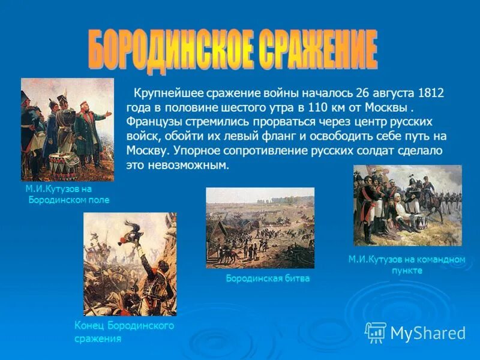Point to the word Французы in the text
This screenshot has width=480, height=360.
pyautogui.click(x=150, y=122)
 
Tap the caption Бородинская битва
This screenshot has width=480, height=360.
pyautogui.click(x=268, y=278)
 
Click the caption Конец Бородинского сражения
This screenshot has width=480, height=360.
pyautogui.click(x=124, y=332)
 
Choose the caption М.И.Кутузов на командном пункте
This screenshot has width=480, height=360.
pyautogui.click(x=407, y=265)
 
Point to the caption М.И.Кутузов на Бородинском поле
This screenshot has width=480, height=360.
pyautogui.click(x=67, y=194)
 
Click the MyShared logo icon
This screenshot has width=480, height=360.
pyautogui.click(x=376, y=332)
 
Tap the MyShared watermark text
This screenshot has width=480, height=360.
pyautogui.click(x=428, y=333)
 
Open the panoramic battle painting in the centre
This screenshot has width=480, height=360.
pyautogui.click(x=260, y=228)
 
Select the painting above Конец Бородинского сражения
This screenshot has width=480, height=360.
pyautogui.click(x=130, y=264)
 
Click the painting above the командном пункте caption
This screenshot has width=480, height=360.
pyautogui.click(x=407, y=205)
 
